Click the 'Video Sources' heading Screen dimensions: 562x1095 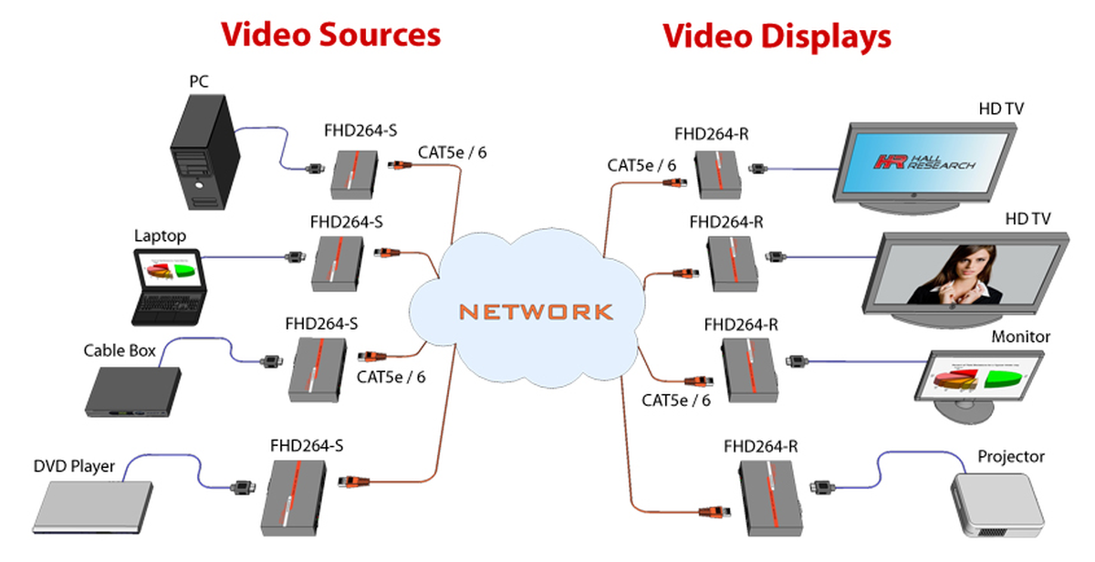pyautogui.click(x=330, y=35)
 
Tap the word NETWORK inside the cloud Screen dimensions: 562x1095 pyautogui.click(x=536, y=311)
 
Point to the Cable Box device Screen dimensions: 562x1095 pyautogui.click(x=131, y=390)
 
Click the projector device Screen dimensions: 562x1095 pyautogui.click(x=996, y=504)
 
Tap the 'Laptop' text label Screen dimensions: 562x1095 pyautogui.click(x=160, y=236)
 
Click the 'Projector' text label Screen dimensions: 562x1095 pyautogui.click(x=1011, y=456)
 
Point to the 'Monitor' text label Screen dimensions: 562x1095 pyautogui.click(x=1021, y=337)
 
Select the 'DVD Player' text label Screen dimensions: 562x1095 pyautogui.click(x=74, y=466)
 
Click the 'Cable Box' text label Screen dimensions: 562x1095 pyautogui.click(x=120, y=350)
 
